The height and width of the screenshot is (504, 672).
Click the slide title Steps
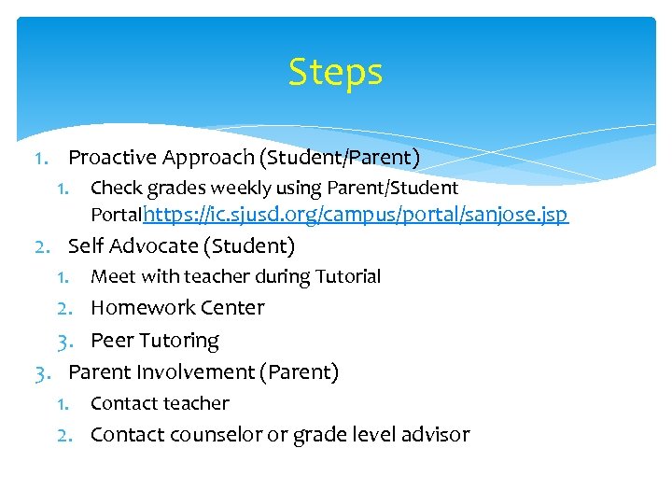pos(335,73)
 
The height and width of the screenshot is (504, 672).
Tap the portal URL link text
pos(356,215)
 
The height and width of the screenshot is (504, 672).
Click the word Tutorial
pos(350,276)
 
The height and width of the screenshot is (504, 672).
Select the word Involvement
pos(198,372)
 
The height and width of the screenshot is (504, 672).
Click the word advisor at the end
pos(437,435)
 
